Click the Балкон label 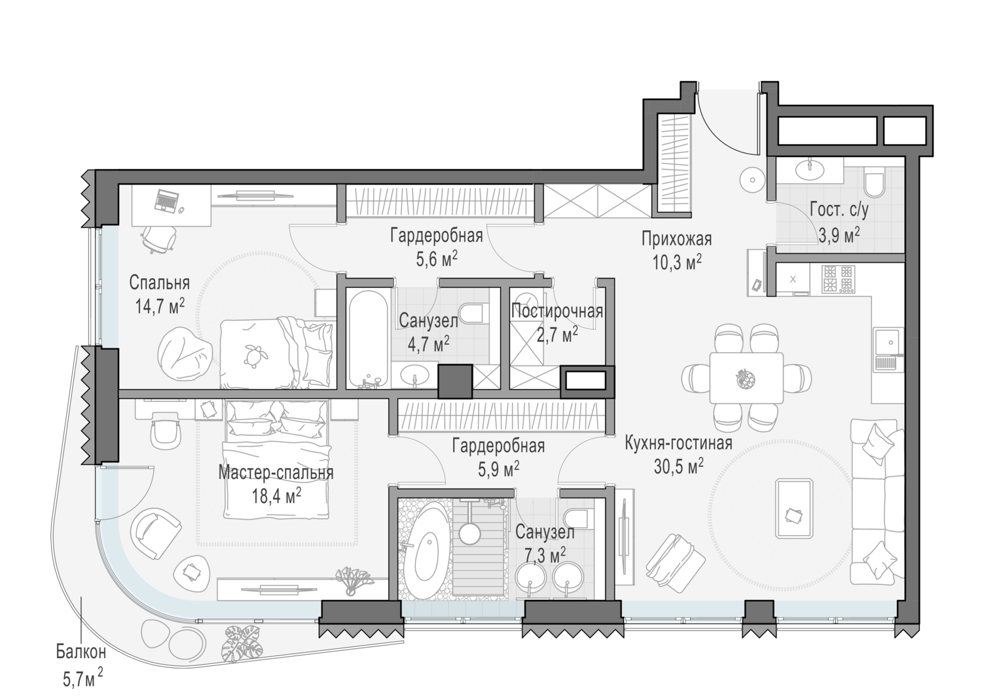coord(81,652)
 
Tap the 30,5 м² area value coord(678,466)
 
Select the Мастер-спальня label coord(276,473)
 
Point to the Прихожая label coord(676,239)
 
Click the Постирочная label coord(557,311)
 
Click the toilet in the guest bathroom coord(875,181)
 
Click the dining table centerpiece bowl coord(745,378)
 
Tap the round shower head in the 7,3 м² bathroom coord(469,532)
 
